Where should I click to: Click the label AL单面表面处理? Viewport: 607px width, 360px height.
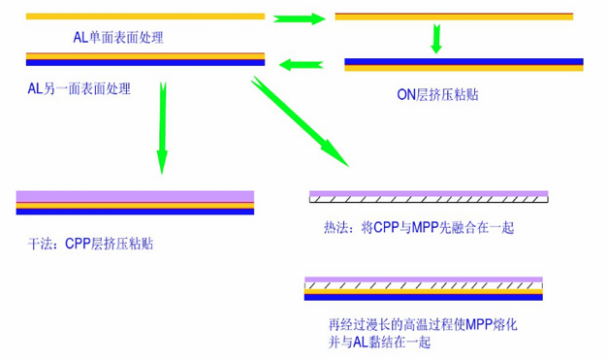pos(118,38)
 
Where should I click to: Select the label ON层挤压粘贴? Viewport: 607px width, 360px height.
pos(437,94)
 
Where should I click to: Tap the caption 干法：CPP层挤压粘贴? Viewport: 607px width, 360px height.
pos(91,245)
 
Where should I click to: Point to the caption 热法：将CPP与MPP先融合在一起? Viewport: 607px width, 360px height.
pos(417,228)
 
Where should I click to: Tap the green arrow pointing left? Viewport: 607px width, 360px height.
pos(301,65)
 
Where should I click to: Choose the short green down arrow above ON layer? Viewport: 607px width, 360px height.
pos(436,39)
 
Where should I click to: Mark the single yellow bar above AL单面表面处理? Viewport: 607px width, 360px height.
pos(144,16)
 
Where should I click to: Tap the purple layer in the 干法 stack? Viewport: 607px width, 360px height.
pos(135,196)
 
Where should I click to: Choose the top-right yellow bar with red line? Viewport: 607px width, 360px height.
pos(453,16)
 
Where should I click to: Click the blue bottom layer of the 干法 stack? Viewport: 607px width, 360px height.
pos(135,211)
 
